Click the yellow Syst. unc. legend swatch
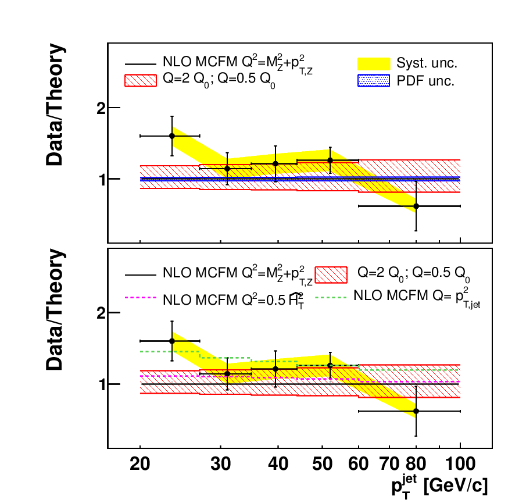(373, 63)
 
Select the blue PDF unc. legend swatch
(373, 81)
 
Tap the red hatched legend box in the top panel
(141, 81)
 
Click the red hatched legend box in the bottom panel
(331, 273)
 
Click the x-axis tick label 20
(140, 465)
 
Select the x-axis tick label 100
(460, 465)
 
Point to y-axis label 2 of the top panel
(100, 108)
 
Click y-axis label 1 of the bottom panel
(100, 384)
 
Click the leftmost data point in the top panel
(171, 135)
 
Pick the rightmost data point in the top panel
(416, 206)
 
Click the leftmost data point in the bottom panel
(171, 341)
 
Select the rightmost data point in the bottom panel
(416, 411)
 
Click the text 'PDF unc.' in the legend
(426, 81)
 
